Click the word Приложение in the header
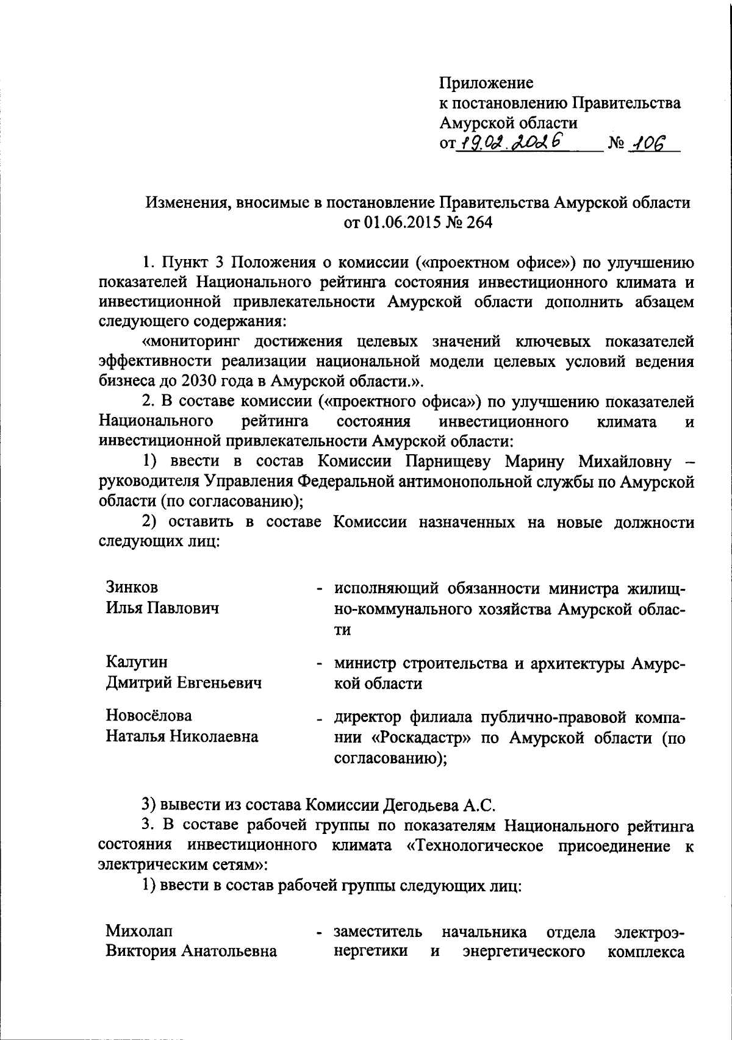486,82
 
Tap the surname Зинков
132,587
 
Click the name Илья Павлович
162,608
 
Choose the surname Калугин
137,662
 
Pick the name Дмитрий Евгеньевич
184,683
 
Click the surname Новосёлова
148,715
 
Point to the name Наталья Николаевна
182,736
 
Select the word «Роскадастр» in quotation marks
422,738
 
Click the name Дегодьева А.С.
436,805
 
